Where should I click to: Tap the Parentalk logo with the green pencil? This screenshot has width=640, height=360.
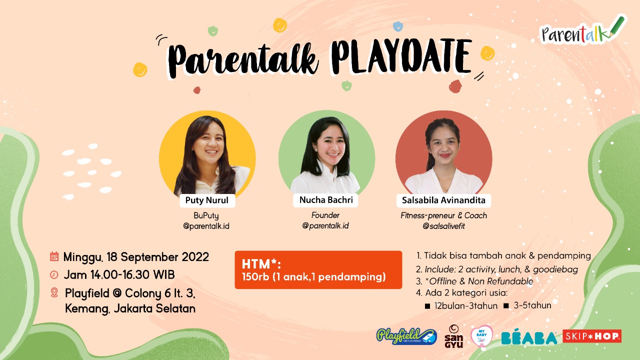[x=581, y=31]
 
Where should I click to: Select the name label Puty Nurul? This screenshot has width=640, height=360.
[x=207, y=200]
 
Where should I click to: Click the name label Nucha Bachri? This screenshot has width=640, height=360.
[x=325, y=200]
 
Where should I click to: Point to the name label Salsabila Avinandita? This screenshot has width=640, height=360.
[x=443, y=200]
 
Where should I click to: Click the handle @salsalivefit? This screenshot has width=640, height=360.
[x=443, y=226]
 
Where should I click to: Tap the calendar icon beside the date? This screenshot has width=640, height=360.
[x=54, y=256]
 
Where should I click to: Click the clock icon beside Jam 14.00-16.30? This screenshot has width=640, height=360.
[x=54, y=275]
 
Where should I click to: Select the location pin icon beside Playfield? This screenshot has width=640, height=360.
[x=54, y=293]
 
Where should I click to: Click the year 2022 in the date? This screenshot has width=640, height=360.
[x=195, y=257]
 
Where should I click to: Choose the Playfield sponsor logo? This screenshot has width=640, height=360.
[x=406, y=336]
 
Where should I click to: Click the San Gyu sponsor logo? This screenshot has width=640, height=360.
[x=453, y=336]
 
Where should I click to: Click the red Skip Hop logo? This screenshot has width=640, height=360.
[x=592, y=336]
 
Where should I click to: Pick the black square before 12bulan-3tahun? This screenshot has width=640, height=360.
[x=427, y=306]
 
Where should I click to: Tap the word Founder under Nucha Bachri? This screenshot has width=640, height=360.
[x=325, y=215]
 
